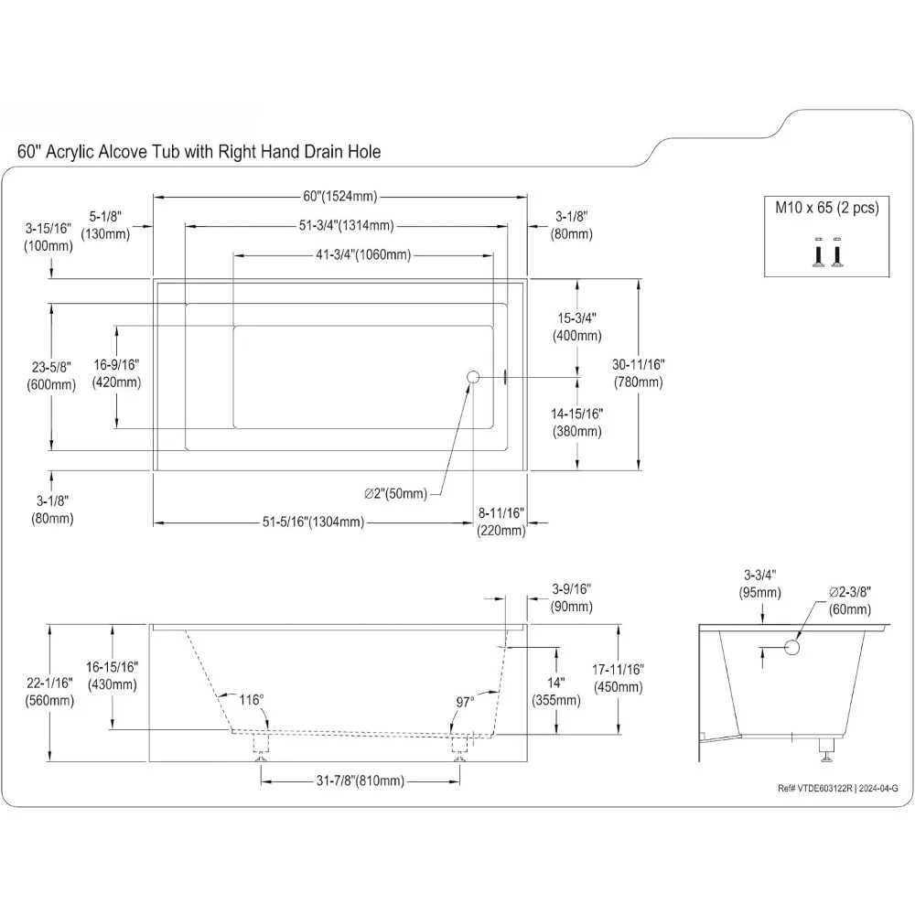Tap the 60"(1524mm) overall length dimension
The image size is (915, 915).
[x=339, y=197]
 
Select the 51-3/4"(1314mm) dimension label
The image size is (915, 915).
[x=345, y=226]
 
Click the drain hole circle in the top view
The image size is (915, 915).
[x=473, y=377]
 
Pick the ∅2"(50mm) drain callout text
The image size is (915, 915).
[x=395, y=494]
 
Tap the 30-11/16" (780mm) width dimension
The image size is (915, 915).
[x=639, y=372]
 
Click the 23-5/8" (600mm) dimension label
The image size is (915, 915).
[x=50, y=375]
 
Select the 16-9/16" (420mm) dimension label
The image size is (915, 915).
[x=116, y=372]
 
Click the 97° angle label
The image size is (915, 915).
[x=465, y=701]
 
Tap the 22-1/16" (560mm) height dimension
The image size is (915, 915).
[x=50, y=693]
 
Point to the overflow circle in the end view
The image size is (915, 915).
[x=792, y=648]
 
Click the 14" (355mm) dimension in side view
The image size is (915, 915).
[x=556, y=692]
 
